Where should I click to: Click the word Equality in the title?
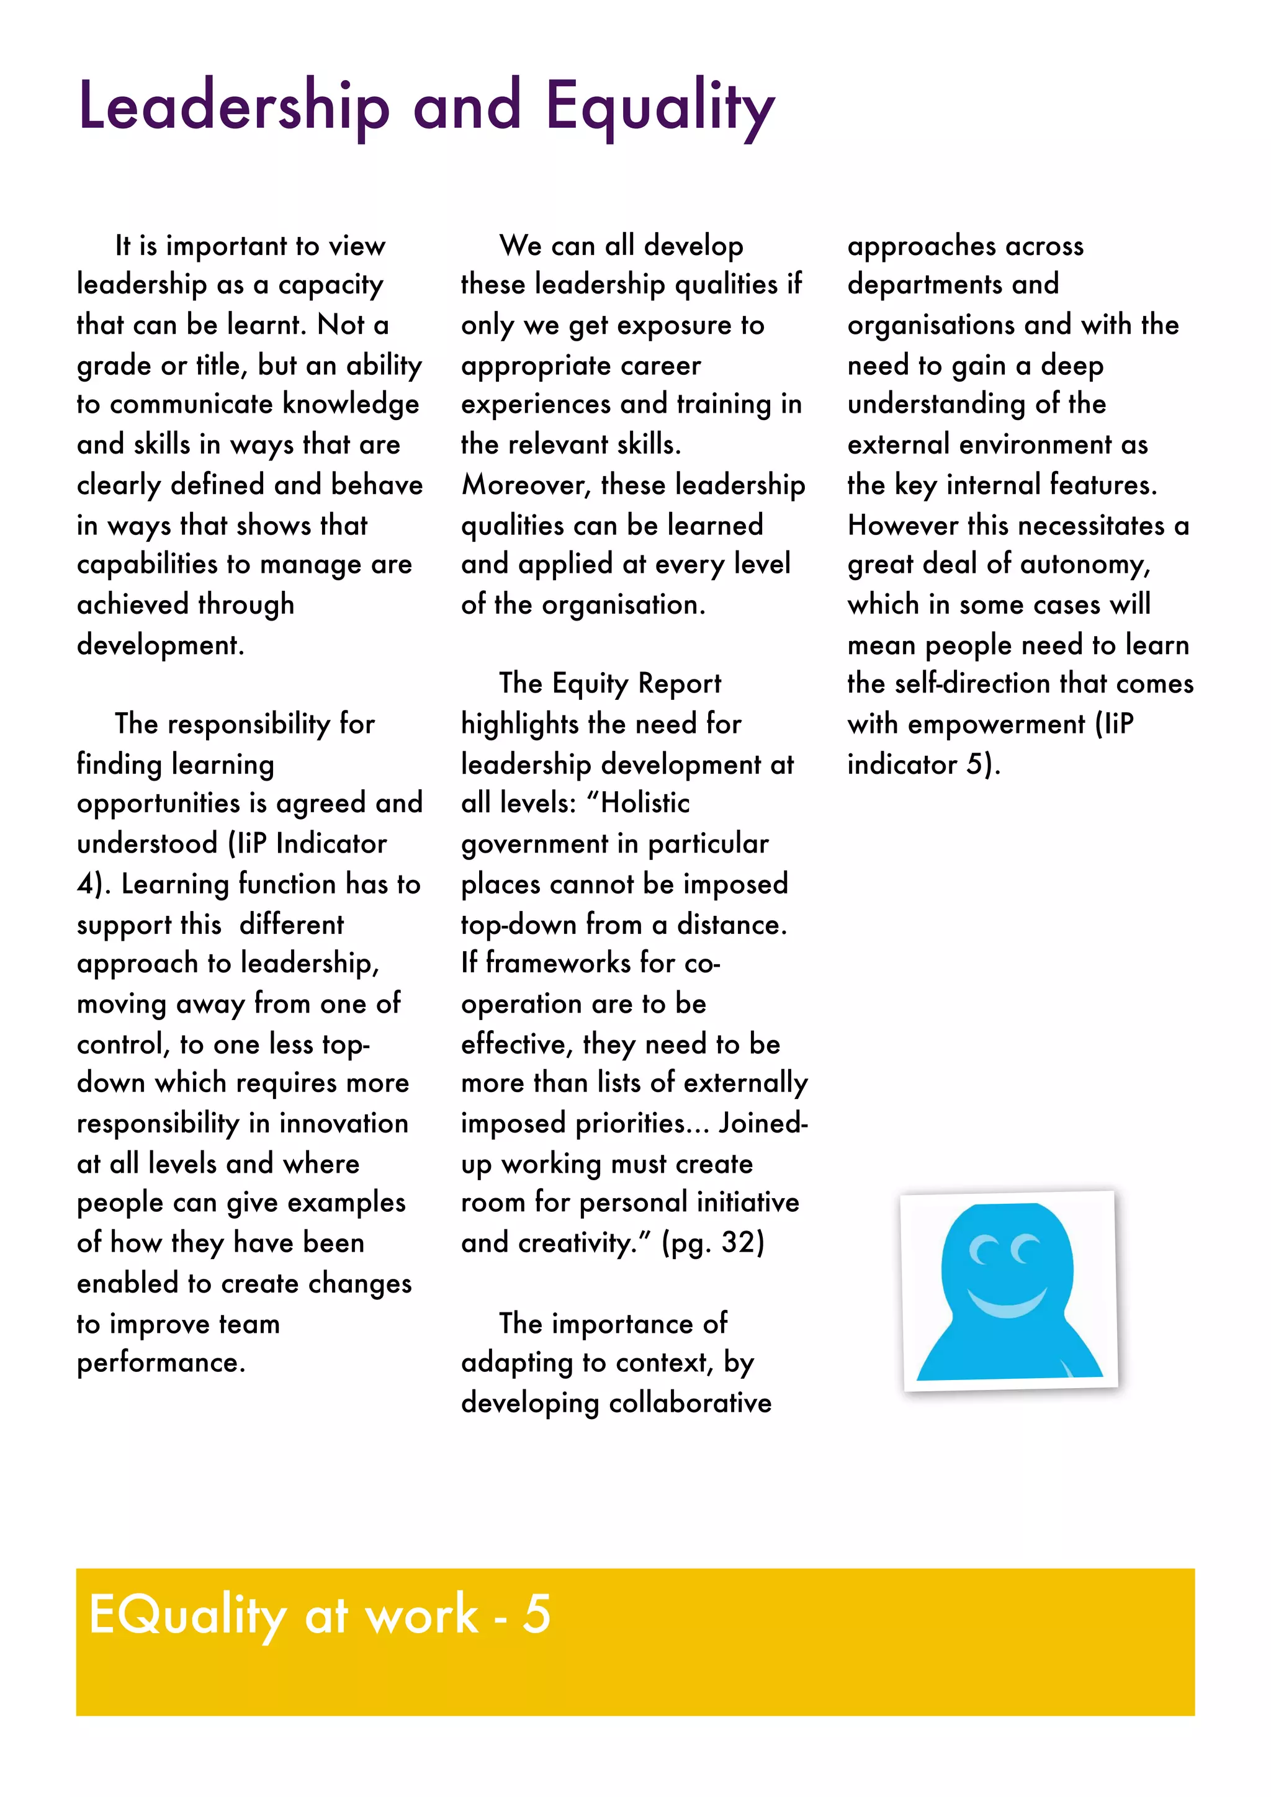pos(660,107)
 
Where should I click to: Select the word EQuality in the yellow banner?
pos(188,1615)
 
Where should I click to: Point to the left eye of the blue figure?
pos(983,1250)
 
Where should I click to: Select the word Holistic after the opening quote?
pos(645,803)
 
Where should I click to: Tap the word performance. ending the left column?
pos(161,1363)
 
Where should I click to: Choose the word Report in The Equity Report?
pos(678,684)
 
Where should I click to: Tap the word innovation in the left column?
pos(344,1124)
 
